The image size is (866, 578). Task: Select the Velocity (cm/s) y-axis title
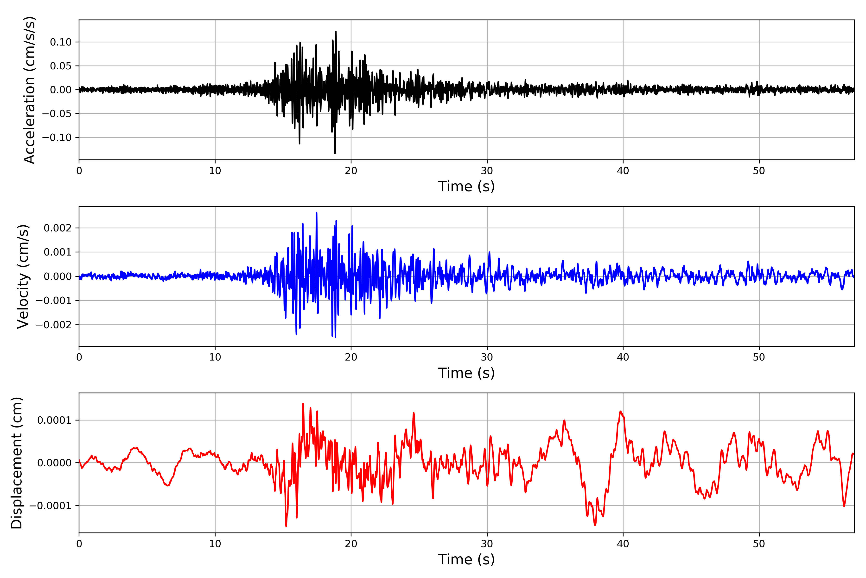pos(23,276)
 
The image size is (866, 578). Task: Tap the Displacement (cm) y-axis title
pos(17,463)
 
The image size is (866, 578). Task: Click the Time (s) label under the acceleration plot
pos(466,186)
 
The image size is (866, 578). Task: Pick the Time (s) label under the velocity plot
pos(466,373)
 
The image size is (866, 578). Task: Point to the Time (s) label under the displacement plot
pos(466,559)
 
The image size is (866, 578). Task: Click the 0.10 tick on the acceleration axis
pos(61,42)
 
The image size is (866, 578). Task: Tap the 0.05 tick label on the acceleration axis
pos(61,66)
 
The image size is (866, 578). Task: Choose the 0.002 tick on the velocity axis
pos(57,228)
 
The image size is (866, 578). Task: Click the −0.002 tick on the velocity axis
pos(54,325)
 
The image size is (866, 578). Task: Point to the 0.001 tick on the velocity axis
pos(57,252)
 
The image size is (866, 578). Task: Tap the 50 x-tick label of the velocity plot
pos(759,357)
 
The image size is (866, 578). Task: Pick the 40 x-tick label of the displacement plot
pos(623,544)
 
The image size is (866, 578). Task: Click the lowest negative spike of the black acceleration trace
pos(335,153)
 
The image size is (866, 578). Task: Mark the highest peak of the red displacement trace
pos(303,404)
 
